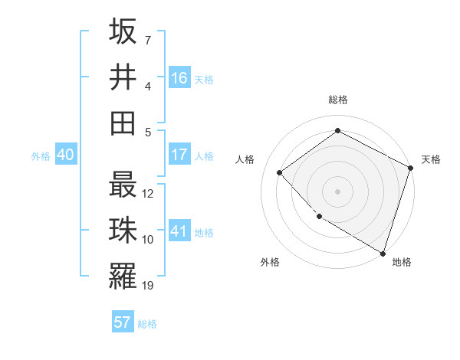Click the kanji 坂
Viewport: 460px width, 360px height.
pyautogui.click(x=123, y=32)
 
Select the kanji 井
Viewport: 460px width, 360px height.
pyautogui.click(x=123, y=77)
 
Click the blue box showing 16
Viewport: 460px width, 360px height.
pyautogui.click(x=179, y=78)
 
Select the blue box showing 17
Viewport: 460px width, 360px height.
pyautogui.click(x=179, y=155)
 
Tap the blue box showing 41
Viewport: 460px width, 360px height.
pyautogui.click(x=179, y=231)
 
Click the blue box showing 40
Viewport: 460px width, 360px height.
pyautogui.click(x=65, y=155)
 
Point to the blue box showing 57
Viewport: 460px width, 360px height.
pyautogui.click(x=123, y=322)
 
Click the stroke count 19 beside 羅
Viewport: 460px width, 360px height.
pyautogui.click(x=148, y=286)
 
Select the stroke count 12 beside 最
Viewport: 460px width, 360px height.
pyautogui.click(x=148, y=193)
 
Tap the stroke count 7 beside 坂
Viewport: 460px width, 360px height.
pyautogui.click(x=148, y=40)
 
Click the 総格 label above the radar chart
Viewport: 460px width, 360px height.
pyautogui.click(x=337, y=100)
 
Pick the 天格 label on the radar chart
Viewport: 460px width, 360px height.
pyautogui.click(x=431, y=159)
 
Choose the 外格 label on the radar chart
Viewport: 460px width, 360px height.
pyautogui.click(x=270, y=262)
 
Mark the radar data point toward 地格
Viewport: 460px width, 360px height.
pyautogui.click(x=383, y=252)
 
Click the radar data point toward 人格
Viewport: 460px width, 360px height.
pyautogui.click(x=280, y=172)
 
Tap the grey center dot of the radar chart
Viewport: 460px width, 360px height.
pyautogui.click(x=337, y=191)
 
